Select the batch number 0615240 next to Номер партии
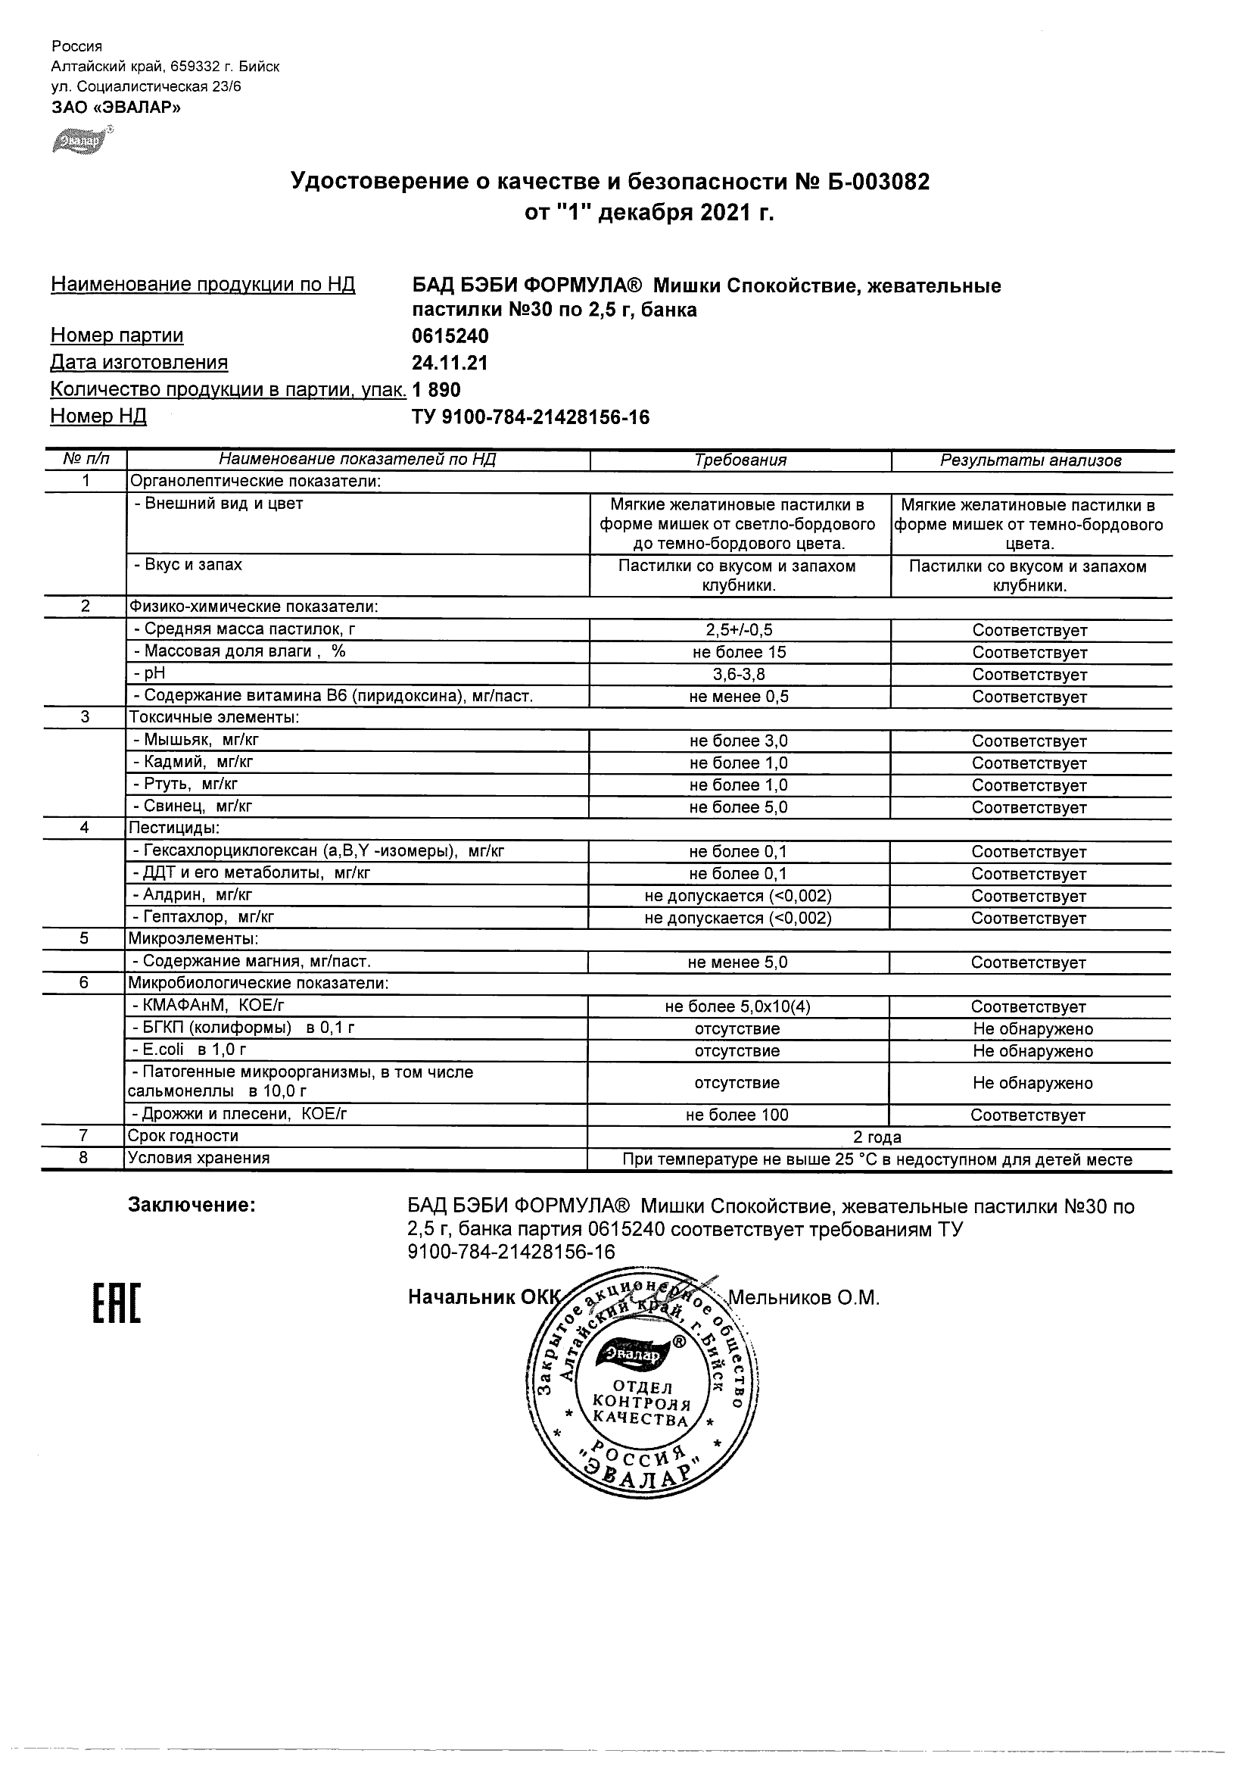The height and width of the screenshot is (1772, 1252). [x=450, y=336]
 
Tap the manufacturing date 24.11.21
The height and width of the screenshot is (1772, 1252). [x=450, y=363]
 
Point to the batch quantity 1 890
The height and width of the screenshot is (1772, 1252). [x=437, y=391]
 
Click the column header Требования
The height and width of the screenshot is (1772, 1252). [x=740, y=460]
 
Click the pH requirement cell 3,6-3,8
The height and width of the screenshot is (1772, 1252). [x=739, y=675]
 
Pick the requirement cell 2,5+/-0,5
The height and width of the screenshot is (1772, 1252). [x=739, y=630]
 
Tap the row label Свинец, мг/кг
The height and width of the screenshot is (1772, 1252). [x=198, y=806]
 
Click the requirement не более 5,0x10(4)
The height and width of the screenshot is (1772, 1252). [x=737, y=1006]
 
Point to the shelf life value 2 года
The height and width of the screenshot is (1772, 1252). [x=877, y=1137]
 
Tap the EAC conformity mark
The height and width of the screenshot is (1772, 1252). [x=117, y=1303]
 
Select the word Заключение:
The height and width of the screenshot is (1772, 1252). [x=192, y=1205]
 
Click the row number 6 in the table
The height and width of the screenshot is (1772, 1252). [x=84, y=982]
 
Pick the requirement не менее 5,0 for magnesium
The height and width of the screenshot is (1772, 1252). [x=737, y=962]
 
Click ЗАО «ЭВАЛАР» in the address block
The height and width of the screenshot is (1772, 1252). [x=116, y=108]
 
